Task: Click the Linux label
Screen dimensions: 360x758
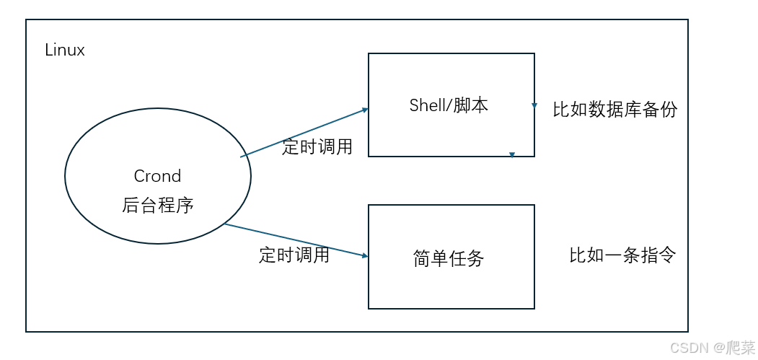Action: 65,51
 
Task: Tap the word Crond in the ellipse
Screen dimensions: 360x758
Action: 157,176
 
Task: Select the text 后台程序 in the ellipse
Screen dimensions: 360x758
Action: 157,206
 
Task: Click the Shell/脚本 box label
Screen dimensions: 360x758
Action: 449,105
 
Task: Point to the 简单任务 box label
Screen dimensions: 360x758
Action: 449,258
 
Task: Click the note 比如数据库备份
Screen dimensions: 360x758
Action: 614,110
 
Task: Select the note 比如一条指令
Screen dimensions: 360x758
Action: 622,255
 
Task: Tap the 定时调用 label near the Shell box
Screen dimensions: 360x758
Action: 317,147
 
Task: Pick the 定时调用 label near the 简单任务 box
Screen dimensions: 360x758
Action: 294,255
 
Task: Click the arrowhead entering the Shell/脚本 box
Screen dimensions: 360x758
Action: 365,110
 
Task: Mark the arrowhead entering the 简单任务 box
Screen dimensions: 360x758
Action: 365,255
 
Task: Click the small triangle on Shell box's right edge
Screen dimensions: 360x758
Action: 534,105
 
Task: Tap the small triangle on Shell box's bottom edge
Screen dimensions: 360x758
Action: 511,154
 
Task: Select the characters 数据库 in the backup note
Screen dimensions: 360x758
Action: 614,110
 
